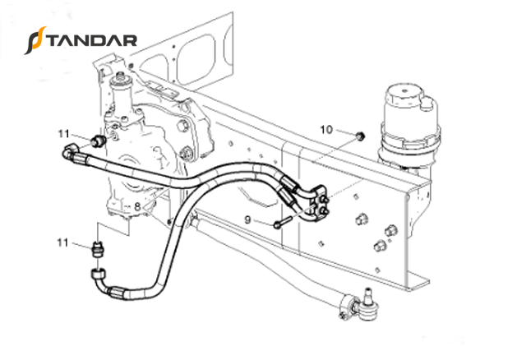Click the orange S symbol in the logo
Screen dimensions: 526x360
point(35,40)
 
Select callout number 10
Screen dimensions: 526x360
point(326,130)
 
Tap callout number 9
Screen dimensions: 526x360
point(247,220)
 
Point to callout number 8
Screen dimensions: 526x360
point(137,206)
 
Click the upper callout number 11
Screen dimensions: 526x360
point(64,134)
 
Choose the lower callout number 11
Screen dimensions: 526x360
point(62,242)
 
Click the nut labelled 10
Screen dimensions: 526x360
point(360,136)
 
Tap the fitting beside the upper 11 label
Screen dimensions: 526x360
point(99,141)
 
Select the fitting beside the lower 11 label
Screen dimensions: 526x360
point(97,250)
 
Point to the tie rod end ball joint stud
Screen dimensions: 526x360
point(368,294)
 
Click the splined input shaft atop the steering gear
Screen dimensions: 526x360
point(121,79)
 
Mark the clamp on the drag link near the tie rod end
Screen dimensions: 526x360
point(346,306)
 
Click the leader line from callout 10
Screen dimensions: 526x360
point(346,132)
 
